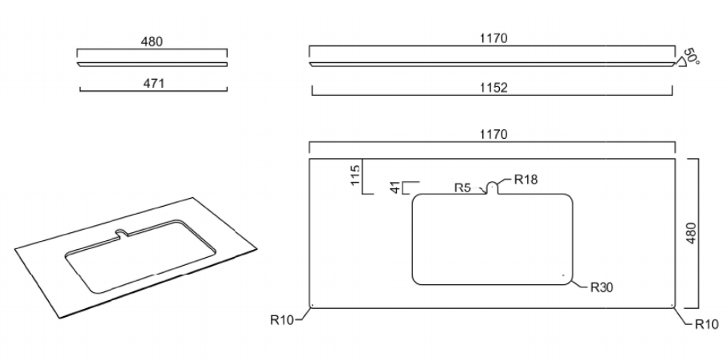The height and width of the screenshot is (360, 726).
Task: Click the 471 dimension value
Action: [x=153, y=83]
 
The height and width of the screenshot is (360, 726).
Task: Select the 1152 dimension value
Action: [x=494, y=88]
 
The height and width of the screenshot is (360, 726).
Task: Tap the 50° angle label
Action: [x=692, y=57]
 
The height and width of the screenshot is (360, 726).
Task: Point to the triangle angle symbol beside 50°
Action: [x=680, y=63]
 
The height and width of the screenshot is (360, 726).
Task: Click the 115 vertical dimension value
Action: [x=355, y=175]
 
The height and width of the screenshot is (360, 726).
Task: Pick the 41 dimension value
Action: [x=395, y=188]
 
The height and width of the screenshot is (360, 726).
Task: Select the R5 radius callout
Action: [x=462, y=188]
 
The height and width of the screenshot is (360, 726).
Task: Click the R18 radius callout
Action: [x=526, y=179]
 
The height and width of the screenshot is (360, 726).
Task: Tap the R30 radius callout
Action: [x=601, y=288]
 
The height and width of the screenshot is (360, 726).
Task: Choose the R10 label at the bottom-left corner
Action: [x=282, y=320]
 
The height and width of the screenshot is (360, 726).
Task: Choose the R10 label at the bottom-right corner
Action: [x=707, y=324]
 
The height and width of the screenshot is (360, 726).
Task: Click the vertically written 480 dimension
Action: [x=691, y=233]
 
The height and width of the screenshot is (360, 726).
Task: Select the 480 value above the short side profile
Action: [x=152, y=42]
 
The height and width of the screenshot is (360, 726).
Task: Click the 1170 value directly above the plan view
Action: [x=494, y=134]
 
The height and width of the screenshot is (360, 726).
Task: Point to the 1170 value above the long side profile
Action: [x=494, y=38]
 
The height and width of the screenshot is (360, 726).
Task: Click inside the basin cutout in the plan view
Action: [x=492, y=239]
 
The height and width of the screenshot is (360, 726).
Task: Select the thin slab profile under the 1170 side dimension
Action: [x=492, y=65]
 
